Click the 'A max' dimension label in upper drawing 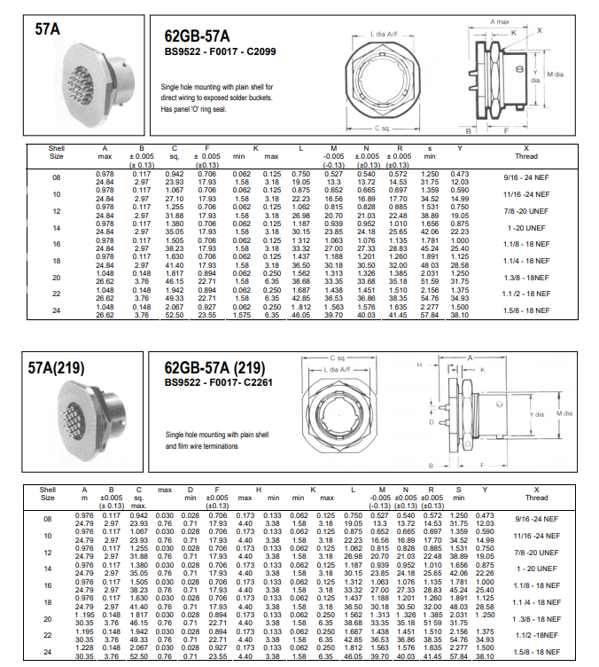pyautogui.click(x=501, y=20)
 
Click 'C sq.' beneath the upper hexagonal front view pyautogui.click(x=382, y=128)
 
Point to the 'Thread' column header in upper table pyautogui.click(x=527, y=155)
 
